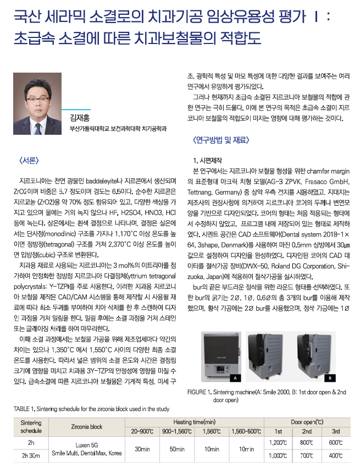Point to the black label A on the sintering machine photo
click(x=235, y=378)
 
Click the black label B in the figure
click(x=330, y=378)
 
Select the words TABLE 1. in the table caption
click(x=26, y=409)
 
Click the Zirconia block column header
click(x=87, y=426)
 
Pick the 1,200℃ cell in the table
click(x=278, y=442)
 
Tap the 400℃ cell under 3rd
click(x=335, y=455)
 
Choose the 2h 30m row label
click(x=31, y=455)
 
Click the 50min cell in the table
click(x=177, y=448)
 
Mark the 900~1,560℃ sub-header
click(x=177, y=431)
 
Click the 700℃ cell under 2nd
click(x=307, y=455)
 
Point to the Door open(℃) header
click(x=307, y=421)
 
